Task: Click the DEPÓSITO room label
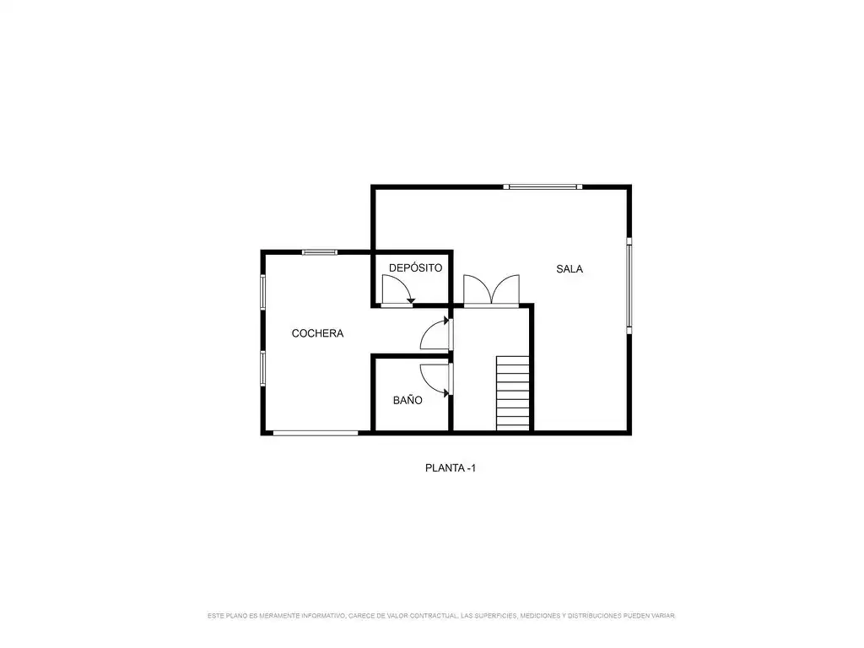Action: click(415, 267)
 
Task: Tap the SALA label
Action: click(570, 269)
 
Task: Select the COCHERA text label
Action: click(317, 333)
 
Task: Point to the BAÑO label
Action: click(408, 400)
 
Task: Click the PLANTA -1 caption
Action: click(451, 467)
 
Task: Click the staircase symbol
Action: click(513, 393)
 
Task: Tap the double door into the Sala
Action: click(491, 290)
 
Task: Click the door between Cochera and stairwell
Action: click(436, 333)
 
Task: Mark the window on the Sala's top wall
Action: click(543, 186)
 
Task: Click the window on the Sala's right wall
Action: click(629, 286)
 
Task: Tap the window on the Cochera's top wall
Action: click(320, 252)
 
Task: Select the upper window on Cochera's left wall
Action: click(263, 292)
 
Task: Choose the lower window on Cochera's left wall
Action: click(263, 369)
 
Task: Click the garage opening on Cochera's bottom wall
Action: click(316, 433)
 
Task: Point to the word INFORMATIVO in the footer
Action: click(323, 615)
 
